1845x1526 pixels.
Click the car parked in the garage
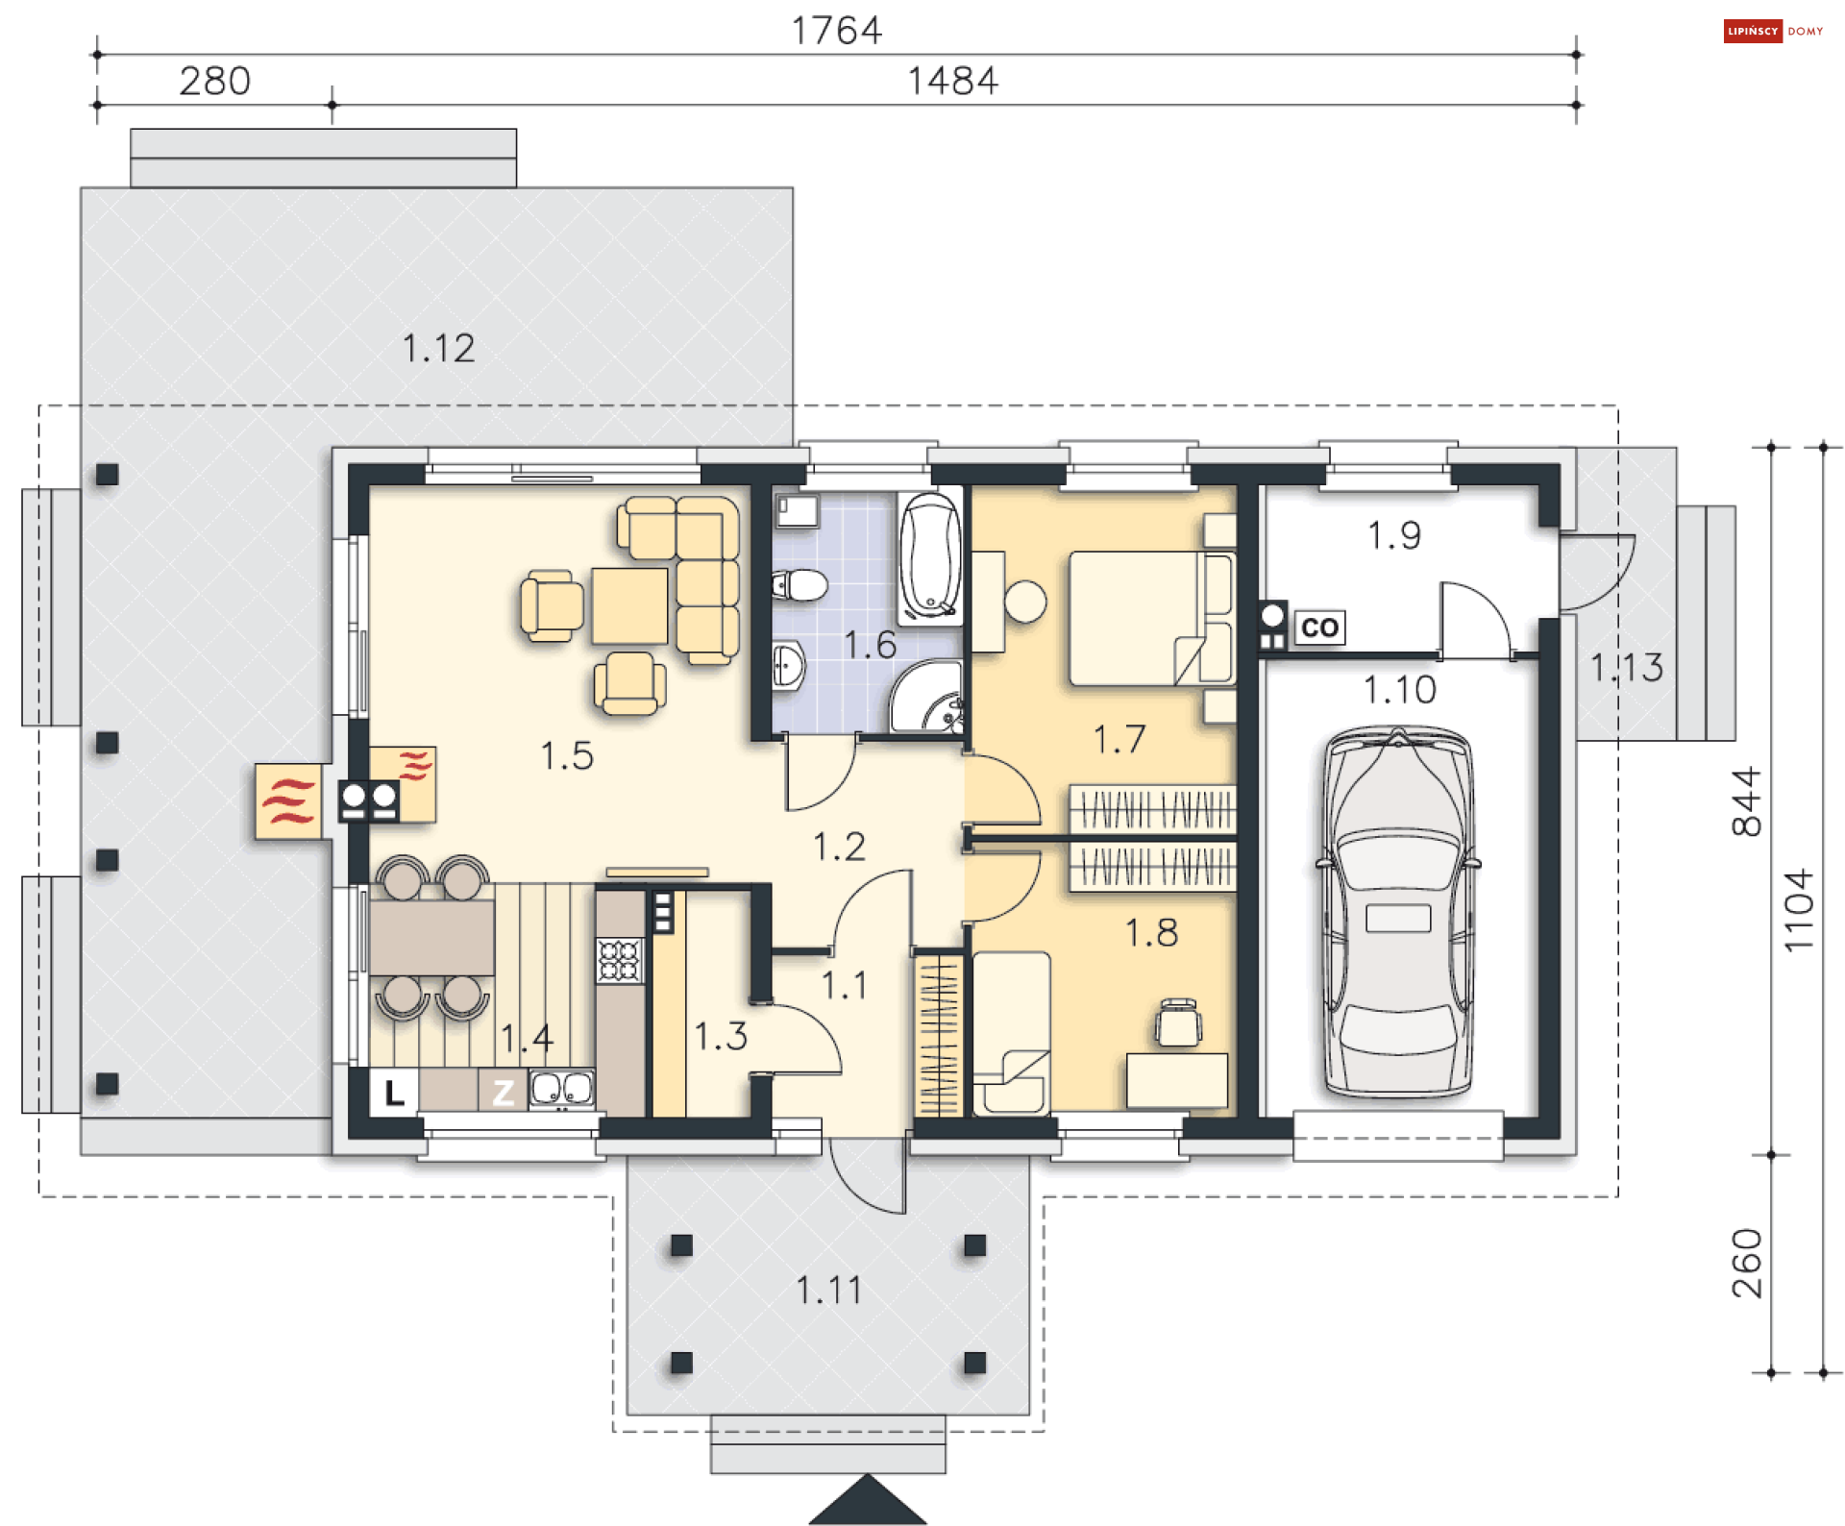coord(1398,912)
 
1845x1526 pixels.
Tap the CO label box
coord(1319,628)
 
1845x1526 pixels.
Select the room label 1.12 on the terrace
coord(438,348)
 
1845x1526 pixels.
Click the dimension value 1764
coord(836,31)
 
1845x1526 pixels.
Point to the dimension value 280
coord(215,81)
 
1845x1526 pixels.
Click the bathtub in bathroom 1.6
coord(930,557)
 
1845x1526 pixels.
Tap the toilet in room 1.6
coord(800,584)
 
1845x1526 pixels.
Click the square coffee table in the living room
coord(629,605)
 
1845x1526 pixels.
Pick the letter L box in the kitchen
coord(394,1093)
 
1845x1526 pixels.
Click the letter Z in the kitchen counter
coord(503,1093)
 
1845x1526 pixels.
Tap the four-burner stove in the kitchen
coord(619,959)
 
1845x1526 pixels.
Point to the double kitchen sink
coord(562,1090)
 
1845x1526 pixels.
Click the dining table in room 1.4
coord(432,937)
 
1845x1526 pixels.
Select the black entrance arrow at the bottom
coord(868,1499)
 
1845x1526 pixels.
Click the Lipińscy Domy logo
coord(1773,31)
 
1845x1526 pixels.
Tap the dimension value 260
coord(1746,1264)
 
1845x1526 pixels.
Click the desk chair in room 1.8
coord(1179,1021)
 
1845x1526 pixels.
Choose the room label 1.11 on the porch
coord(828,1290)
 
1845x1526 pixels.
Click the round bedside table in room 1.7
coord(1025,602)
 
